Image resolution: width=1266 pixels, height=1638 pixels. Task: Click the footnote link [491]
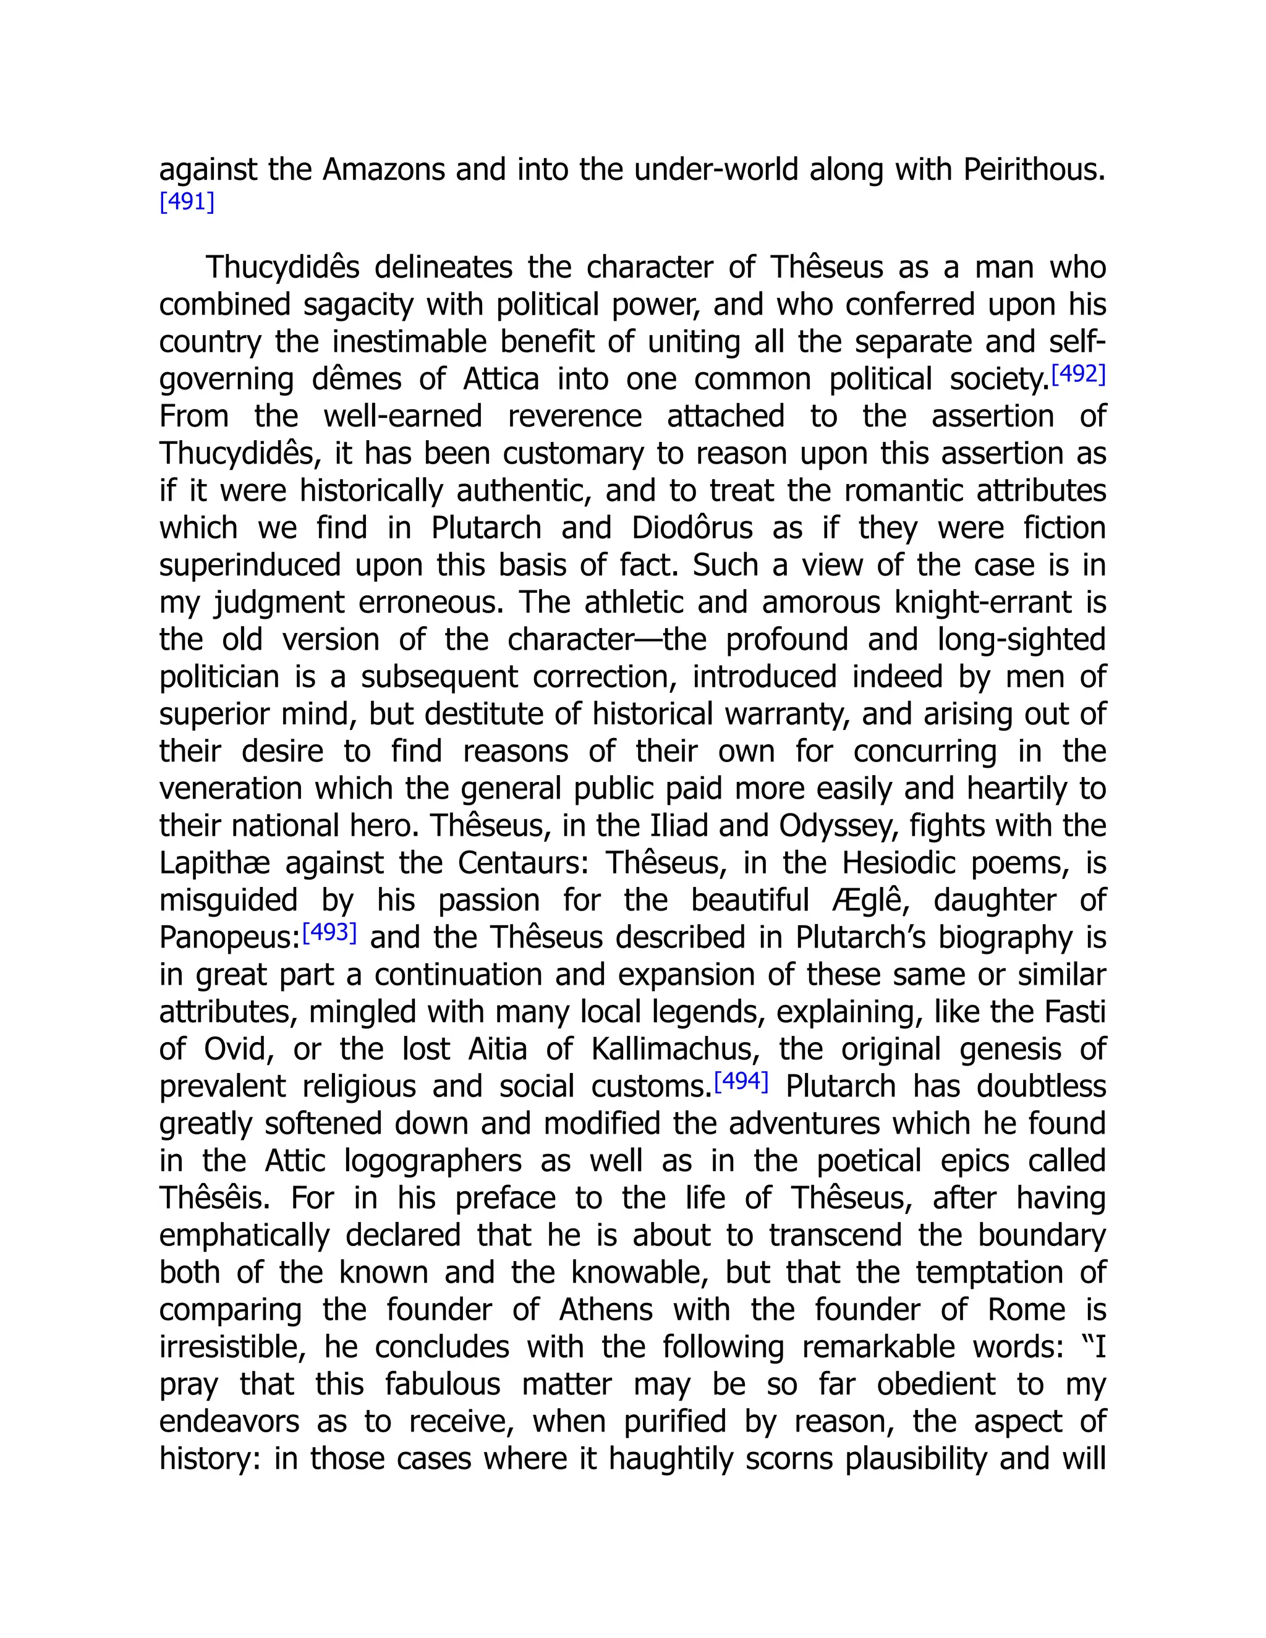point(187,202)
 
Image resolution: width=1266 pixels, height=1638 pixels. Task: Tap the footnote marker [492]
point(1079,373)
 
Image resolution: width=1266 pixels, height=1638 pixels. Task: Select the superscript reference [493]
point(328,932)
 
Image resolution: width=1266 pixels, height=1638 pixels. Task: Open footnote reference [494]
point(741,1080)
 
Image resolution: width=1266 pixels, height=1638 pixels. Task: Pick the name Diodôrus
point(692,528)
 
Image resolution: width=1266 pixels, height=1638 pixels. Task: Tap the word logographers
point(432,1161)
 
